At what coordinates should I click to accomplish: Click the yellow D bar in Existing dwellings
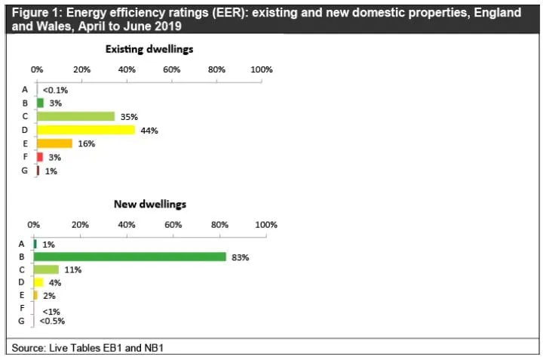pyautogui.click(x=86, y=130)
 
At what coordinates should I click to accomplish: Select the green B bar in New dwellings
pyautogui.click(x=130, y=257)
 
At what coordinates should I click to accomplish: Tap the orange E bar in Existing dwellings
pyautogui.click(x=55, y=143)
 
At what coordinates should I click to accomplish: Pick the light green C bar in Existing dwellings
pyautogui.click(x=76, y=116)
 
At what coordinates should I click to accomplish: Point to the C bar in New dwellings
pyautogui.click(x=47, y=269)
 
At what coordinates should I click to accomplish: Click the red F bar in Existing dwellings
pyautogui.click(x=40, y=157)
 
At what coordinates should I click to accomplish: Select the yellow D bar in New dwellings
pyautogui.click(x=38, y=282)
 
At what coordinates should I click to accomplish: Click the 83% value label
pyautogui.click(x=241, y=257)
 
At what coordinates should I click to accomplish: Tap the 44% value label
pyautogui.click(x=149, y=131)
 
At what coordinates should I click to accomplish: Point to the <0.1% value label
pyautogui.click(x=55, y=91)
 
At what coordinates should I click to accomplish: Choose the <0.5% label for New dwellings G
pyautogui.click(x=52, y=322)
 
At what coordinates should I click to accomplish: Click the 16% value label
pyautogui.click(x=87, y=144)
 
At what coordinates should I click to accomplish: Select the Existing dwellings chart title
pyautogui.click(x=149, y=49)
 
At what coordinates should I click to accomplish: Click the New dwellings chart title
pyautogui.click(x=150, y=204)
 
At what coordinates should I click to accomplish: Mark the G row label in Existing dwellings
pyautogui.click(x=25, y=171)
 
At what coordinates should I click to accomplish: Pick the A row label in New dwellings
pyautogui.click(x=21, y=245)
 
